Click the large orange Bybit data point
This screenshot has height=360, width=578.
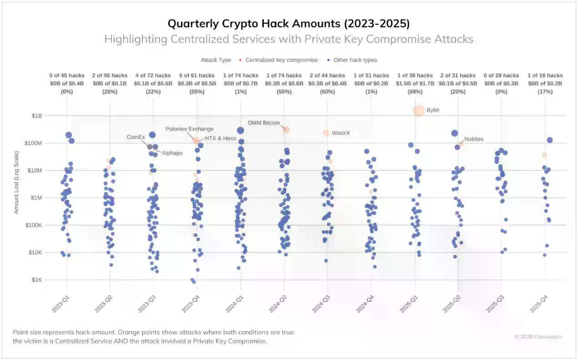pyautogui.click(x=419, y=110)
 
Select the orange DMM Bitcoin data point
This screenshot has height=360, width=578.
pyautogui.click(x=286, y=130)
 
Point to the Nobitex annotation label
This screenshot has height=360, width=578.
pyautogui.click(x=474, y=139)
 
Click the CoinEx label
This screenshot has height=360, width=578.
pyautogui.click(x=136, y=137)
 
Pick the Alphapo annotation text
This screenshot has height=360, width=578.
pyautogui.click(x=172, y=153)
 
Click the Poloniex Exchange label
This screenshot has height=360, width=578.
pyautogui.click(x=189, y=129)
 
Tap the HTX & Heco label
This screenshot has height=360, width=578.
pyautogui.click(x=220, y=138)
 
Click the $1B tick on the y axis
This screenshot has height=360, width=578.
pyautogui.click(x=36, y=116)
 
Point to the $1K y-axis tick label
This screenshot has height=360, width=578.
pyautogui.click(x=36, y=280)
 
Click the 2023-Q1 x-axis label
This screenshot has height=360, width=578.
pyautogui.click(x=60, y=302)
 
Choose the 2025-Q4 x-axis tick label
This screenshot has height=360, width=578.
pyautogui.click(x=539, y=302)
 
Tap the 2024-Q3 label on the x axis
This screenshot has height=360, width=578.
pyautogui.click(x=321, y=302)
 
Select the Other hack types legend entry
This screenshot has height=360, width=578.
pyautogui.click(x=355, y=60)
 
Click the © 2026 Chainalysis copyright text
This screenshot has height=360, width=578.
pyautogui.click(x=538, y=337)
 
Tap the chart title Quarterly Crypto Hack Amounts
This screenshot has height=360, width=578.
pyautogui.click(x=289, y=24)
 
